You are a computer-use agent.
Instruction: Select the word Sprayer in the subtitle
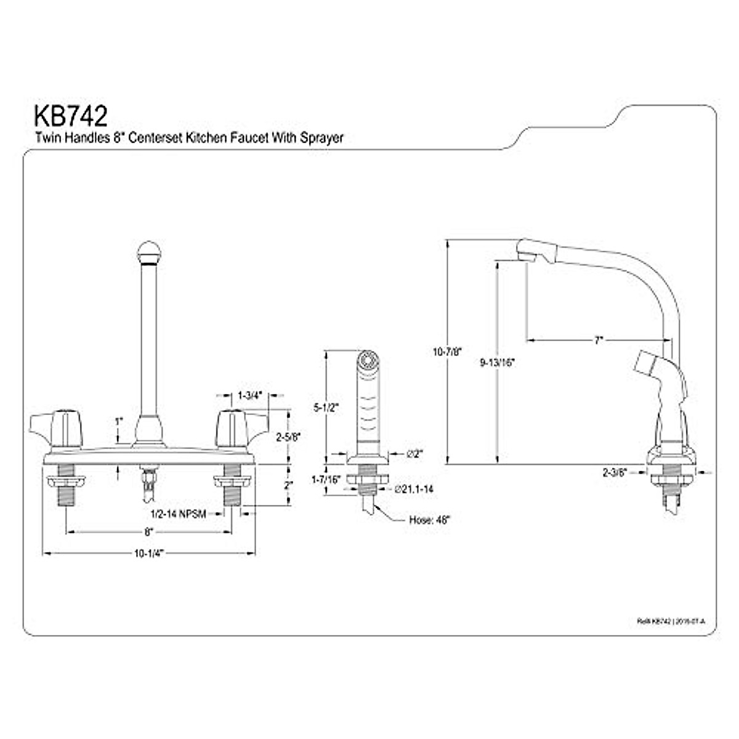(x=321, y=138)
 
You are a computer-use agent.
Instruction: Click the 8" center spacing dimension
(x=148, y=531)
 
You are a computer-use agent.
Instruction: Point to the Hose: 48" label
(x=430, y=519)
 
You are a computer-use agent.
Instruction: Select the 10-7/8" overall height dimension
(x=447, y=352)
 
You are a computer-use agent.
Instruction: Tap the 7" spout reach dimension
(x=598, y=339)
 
